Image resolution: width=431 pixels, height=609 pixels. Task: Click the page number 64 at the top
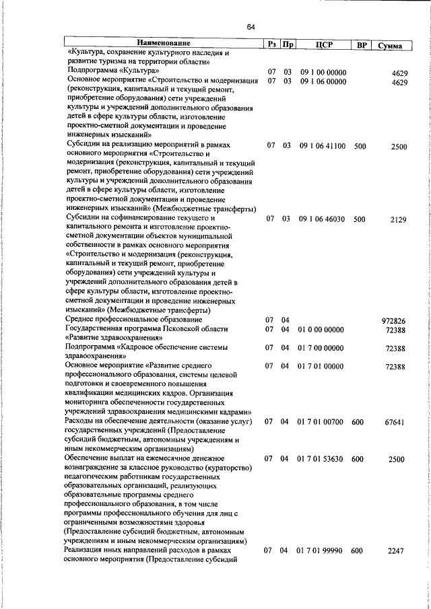(251, 27)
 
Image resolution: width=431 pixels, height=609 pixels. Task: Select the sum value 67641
(394, 423)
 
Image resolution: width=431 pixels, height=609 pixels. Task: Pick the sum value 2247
(395, 551)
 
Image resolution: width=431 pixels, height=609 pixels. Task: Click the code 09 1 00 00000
(323, 71)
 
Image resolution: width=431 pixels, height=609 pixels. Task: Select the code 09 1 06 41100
(323, 145)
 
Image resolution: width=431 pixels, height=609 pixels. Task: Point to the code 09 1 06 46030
(323, 219)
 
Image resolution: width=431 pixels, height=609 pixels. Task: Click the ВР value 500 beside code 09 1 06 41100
(360, 145)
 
